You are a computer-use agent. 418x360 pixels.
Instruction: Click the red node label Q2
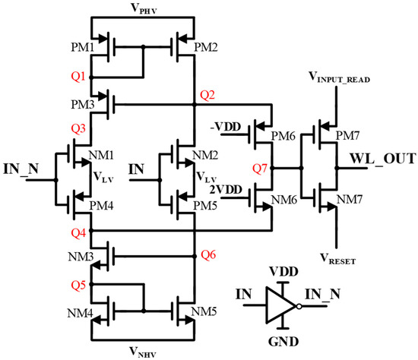pyautogui.click(x=207, y=94)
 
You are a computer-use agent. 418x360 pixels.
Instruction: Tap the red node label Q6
pyautogui.click(x=207, y=255)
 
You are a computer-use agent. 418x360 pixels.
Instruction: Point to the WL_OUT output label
pyautogui.click(x=384, y=159)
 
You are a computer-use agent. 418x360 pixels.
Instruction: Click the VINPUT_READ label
pyautogui.click(x=345, y=77)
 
